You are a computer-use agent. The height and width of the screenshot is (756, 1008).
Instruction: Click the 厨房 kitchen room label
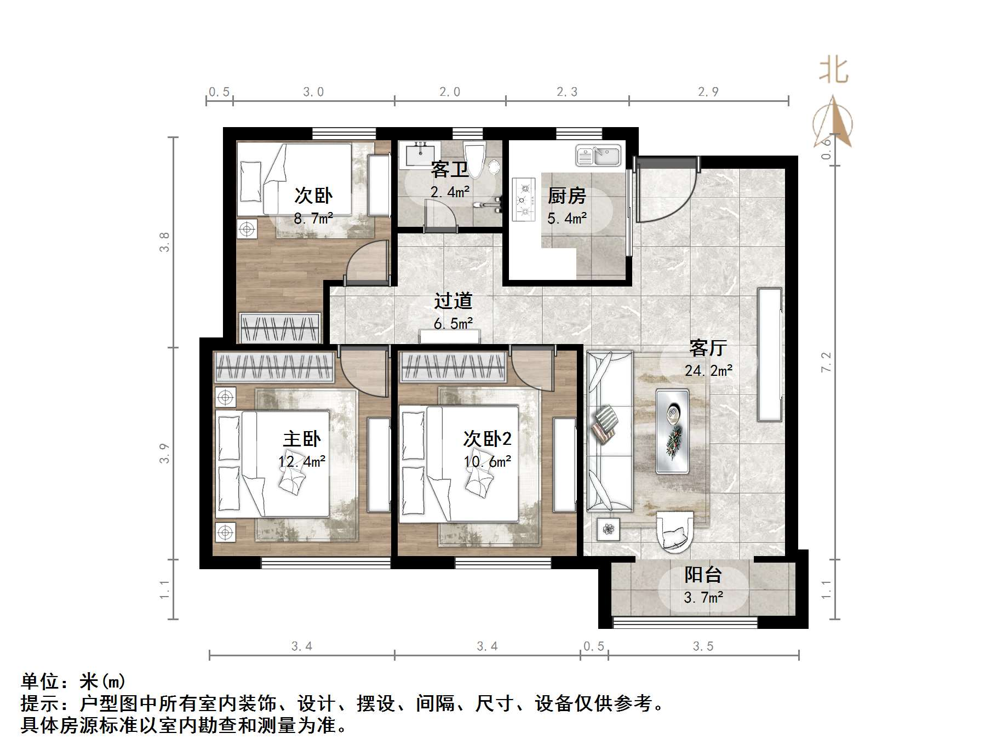point(566,196)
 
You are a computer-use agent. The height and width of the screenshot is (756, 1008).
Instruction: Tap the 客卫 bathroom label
point(449,169)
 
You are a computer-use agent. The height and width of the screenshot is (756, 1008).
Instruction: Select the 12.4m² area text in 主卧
point(302,462)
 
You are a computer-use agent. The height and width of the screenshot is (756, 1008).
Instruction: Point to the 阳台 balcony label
point(703,575)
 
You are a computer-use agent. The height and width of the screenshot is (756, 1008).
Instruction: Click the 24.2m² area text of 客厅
point(708,371)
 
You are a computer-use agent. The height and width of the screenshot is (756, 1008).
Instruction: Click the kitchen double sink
point(598,156)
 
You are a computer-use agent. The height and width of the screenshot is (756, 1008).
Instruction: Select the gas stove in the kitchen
point(524,200)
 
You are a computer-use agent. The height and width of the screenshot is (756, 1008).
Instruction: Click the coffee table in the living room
point(673,431)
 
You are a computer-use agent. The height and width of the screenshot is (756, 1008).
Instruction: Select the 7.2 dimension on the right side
point(826,362)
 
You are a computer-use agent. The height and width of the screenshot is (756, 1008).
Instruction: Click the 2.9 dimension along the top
point(708,92)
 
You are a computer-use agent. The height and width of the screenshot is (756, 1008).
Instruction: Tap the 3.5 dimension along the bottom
point(703,646)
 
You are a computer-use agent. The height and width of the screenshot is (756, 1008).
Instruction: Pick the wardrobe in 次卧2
point(453,366)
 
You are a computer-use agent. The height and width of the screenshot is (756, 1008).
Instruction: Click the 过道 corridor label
point(453,301)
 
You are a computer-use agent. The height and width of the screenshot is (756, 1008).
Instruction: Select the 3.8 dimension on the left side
point(164,242)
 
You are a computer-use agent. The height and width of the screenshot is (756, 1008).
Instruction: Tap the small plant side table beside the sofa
point(609,529)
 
